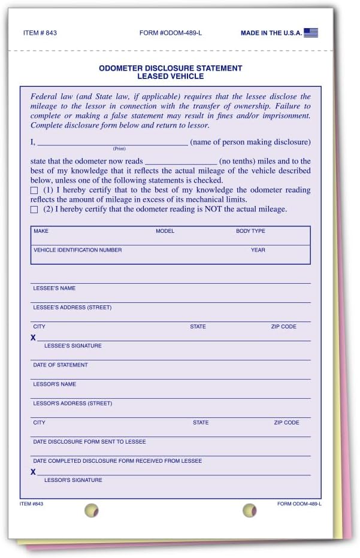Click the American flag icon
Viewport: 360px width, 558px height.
(x=311, y=33)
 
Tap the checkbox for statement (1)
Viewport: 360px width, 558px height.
(x=34, y=190)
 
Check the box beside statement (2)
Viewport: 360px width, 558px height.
(x=34, y=210)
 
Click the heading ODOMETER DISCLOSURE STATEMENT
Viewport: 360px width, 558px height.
(x=170, y=68)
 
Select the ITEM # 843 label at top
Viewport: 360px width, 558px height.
(x=41, y=33)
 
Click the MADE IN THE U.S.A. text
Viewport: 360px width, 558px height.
(x=271, y=33)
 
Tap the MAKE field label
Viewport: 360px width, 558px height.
(x=41, y=231)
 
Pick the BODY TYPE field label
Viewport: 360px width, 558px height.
(x=250, y=231)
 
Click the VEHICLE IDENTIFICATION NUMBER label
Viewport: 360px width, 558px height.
(x=77, y=250)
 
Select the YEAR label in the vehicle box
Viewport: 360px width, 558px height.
(x=258, y=250)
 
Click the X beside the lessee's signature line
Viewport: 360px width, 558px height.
(x=34, y=338)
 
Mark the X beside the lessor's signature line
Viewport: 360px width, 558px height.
(x=34, y=472)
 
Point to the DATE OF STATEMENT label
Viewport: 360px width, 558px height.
(x=60, y=365)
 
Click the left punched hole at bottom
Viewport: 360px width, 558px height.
(x=91, y=511)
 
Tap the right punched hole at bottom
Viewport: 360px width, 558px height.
(x=249, y=511)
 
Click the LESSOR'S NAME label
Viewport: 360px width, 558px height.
(x=55, y=384)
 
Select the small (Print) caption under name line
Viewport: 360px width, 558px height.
(x=119, y=148)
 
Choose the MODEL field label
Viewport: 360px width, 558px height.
(x=165, y=231)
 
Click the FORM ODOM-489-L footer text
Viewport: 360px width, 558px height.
(x=300, y=504)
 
